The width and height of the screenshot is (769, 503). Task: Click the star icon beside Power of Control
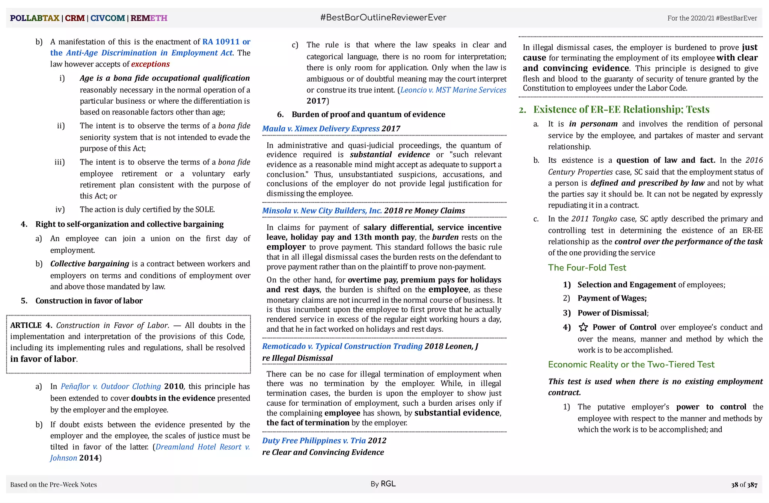583,327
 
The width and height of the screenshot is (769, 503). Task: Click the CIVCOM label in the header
107,18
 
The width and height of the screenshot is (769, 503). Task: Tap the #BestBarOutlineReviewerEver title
383,18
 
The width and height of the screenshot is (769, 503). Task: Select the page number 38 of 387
744,485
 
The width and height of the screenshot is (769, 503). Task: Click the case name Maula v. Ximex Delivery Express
321,128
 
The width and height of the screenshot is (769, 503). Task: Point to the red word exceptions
150,64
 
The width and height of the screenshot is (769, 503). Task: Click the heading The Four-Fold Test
587,267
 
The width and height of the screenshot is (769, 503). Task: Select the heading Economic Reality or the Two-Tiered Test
631,364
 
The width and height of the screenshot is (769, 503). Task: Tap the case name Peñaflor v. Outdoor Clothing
110,386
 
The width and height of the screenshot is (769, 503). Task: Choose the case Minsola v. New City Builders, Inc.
322,210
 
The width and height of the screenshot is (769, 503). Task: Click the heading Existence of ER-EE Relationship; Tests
621,109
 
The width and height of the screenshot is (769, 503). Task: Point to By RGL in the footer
383,484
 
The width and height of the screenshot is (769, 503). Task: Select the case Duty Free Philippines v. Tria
314,440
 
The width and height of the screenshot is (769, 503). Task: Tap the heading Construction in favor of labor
89,301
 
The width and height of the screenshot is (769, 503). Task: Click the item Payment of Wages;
612,298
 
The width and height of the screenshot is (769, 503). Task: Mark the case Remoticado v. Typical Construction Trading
342,346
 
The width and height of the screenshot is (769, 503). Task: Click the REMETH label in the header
149,18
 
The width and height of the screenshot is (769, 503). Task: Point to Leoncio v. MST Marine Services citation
453,90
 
